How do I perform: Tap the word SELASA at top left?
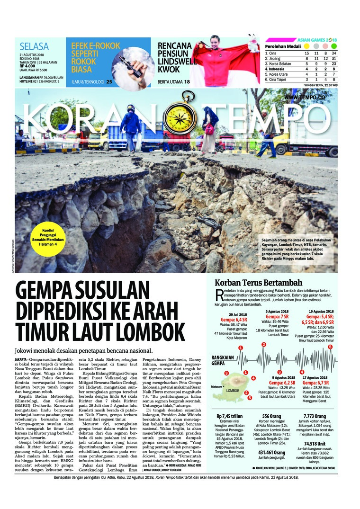click(x=34, y=46)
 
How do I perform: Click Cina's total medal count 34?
click(x=334, y=54)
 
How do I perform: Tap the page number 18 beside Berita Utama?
click(x=187, y=82)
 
